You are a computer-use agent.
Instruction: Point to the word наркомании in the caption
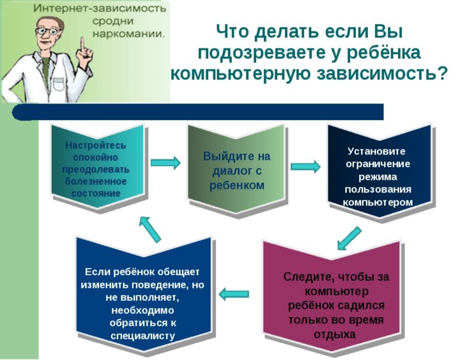pyautogui.click(x=128, y=33)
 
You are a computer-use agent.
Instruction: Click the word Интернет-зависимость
pyautogui.click(x=100, y=8)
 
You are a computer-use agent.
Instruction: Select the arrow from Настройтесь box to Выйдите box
pyautogui.click(x=165, y=162)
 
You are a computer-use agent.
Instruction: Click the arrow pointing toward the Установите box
pyautogui.click(x=305, y=166)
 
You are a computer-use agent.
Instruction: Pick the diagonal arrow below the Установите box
pyautogui.click(x=349, y=237)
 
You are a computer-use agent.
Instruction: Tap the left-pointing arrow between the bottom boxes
pyautogui.click(x=234, y=294)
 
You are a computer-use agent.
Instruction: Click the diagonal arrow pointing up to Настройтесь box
pyautogui.click(x=149, y=229)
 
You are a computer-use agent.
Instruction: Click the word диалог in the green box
pyautogui.click(x=233, y=170)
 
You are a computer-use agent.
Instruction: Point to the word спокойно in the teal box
pyautogui.click(x=96, y=158)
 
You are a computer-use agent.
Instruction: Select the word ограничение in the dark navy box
pyautogui.click(x=378, y=163)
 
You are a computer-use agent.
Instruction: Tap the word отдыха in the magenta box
pyautogui.click(x=335, y=334)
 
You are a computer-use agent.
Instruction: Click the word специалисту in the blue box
pyautogui.click(x=143, y=336)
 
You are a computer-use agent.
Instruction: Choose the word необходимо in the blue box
pyautogui.click(x=143, y=310)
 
